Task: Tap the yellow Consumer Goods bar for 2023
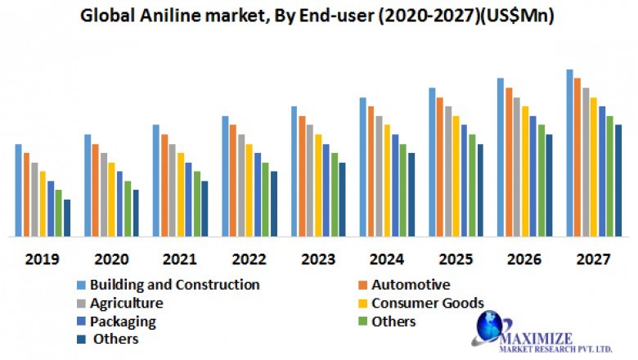pos(318,186)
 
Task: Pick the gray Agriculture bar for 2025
pos(448,172)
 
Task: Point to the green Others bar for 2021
pos(196,205)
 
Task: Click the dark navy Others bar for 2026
pos(549,186)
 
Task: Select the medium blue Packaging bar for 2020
pos(119,205)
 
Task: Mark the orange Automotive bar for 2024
pos(371,172)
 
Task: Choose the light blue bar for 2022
pos(225,177)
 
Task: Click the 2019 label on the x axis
pos(42,260)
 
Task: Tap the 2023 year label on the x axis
pos(318,260)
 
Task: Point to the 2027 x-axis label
pos(594,260)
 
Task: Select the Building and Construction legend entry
pos(174,286)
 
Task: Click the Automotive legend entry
pos(410,286)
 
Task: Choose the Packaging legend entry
pos(123,322)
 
